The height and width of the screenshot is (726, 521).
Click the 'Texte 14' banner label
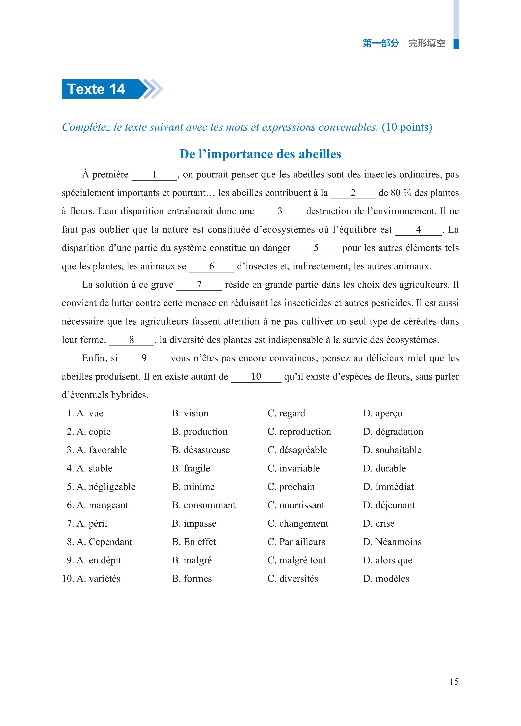96,89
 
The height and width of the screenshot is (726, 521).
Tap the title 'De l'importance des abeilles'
260,154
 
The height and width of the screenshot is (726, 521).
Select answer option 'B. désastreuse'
201,450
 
